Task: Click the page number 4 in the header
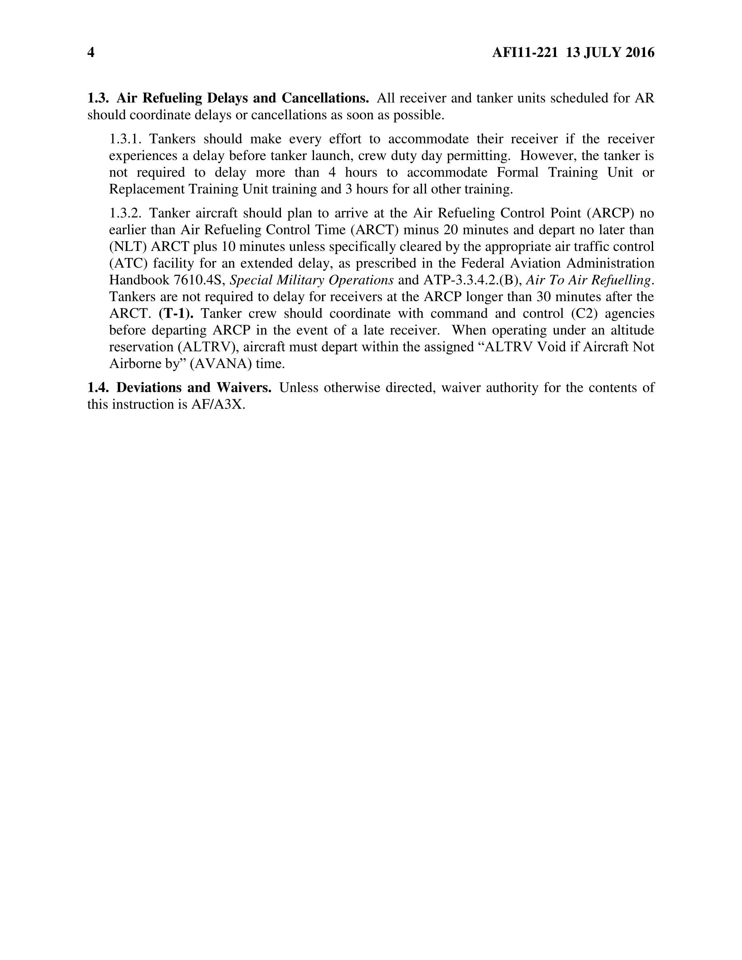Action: tap(91, 53)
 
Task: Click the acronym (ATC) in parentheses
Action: tap(128, 264)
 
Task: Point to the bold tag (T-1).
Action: tap(176, 314)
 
